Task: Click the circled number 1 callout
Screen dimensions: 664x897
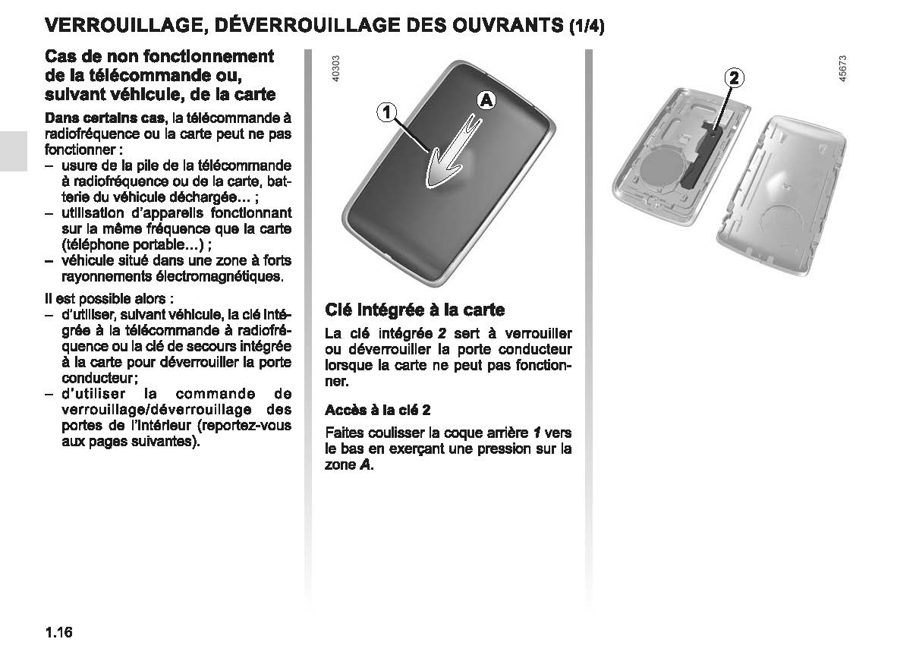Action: click(x=386, y=112)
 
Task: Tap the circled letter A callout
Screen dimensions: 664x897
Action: click(x=486, y=99)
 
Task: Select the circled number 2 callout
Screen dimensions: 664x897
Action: click(x=733, y=77)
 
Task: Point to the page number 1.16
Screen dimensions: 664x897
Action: click(x=58, y=632)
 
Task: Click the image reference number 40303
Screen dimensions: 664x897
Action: click(x=336, y=71)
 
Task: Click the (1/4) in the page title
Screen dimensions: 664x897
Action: click(x=587, y=27)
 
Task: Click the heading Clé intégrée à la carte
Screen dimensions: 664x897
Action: click(x=414, y=310)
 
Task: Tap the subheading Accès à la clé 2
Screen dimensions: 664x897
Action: click(x=378, y=410)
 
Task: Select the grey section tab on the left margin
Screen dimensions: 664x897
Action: click(x=13, y=152)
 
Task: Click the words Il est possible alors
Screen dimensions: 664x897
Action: click(x=104, y=299)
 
